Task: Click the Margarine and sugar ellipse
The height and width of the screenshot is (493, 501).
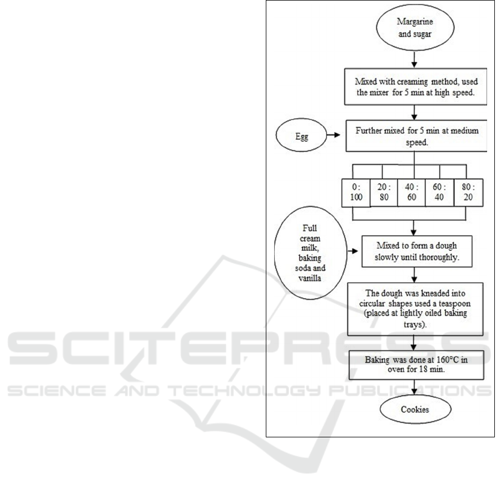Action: pyautogui.click(x=415, y=27)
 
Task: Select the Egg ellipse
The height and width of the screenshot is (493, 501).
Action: pyautogui.click(x=301, y=135)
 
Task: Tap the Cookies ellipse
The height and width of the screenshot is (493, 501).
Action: pyautogui.click(x=415, y=409)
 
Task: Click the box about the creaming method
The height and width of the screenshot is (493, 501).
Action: pyautogui.click(x=415, y=87)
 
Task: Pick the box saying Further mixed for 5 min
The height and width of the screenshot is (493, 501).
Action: pyautogui.click(x=416, y=136)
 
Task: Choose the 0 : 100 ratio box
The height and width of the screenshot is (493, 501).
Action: pyautogui.click(x=356, y=193)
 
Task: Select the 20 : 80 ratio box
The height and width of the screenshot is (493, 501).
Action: pyautogui.click(x=384, y=193)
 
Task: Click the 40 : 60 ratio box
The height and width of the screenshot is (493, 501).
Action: pyautogui.click(x=411, y=193)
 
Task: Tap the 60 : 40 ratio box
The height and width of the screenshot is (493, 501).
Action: pyautogui.click(x=440, y=193)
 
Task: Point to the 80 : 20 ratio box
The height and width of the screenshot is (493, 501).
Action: pyautogui.click(x=468, y=193)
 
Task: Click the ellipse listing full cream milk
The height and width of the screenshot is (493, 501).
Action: pyautogui.click(x=310, y=253)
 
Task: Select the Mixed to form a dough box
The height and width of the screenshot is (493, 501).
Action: pyautogui.click(x=416, y=252)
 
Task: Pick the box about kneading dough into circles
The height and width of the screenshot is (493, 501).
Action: pyautogui.click(x=415, y=309)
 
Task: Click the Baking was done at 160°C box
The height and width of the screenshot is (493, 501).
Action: pyautogui.click(x=416, y=365)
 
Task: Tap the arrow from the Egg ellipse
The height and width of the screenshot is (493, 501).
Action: pyautogui.click(x=333, y=135)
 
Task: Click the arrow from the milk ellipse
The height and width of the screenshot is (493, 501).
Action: pyautogui.click(x=353, y=251)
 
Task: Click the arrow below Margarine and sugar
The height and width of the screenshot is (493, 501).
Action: pyautogui.click(x=414, y=60)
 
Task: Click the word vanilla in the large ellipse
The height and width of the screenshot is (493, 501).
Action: pyautogui.click(x=310, y=278)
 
